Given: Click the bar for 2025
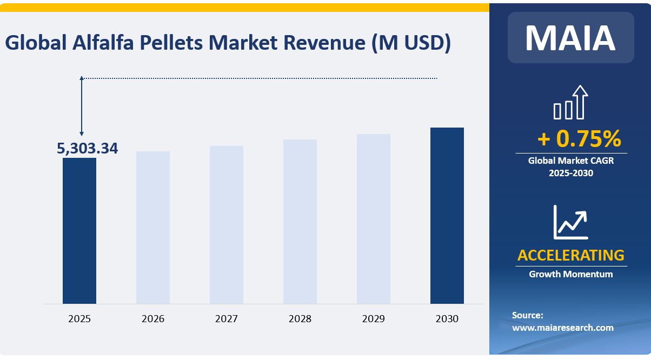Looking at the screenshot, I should click(x=79, y=230).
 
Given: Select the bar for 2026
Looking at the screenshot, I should click(x=153, y=227).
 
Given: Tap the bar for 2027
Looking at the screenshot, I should click(x=227, y=224).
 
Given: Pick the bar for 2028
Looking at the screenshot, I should click(x=300, y=221).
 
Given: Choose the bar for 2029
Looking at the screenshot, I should click(x=374, y=218).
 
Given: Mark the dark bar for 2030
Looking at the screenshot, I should click(x=447, y=215).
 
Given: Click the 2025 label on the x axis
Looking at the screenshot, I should click(x=79, y=319).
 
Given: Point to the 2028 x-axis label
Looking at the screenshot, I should click(x=300, y=319).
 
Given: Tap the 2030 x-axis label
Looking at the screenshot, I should click(x=447, y=319).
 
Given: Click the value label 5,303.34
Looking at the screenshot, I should click(x=88, y=148).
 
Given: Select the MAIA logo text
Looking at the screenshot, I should click(x=570, y=38).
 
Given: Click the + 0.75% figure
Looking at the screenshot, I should click(x=579, y=139).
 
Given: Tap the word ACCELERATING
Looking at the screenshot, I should click(x=570, y=255).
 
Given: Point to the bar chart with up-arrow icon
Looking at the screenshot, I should click(x=570, y=102).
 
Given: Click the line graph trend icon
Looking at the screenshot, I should click(x=570, y=222).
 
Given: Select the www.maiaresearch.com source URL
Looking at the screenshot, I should click(x=562, y=328).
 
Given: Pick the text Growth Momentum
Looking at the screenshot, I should click(x=570, y=274).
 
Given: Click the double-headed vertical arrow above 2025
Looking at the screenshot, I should click(x=82, y=106).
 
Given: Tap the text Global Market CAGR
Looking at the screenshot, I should click(x=570, y=161).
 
